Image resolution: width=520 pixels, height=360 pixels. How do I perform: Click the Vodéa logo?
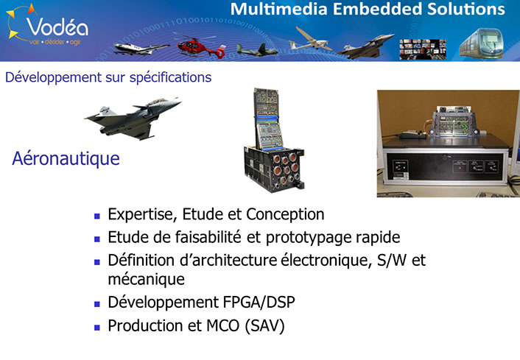pos(48,26)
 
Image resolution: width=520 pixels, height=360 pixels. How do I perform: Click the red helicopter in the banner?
pos(200,46)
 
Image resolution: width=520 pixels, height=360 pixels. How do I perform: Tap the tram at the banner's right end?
pos(482,43)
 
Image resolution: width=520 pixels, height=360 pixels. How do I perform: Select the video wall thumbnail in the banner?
pos(423,49)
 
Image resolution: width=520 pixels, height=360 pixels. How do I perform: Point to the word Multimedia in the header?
pos(278,9)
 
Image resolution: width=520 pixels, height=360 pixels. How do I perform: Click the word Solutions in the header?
pos(466,9)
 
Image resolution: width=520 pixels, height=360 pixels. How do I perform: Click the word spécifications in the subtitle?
pos(170,77)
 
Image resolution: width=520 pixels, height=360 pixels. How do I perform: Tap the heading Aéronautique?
pos(66,158)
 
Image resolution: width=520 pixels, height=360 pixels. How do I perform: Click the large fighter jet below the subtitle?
pos(133,119)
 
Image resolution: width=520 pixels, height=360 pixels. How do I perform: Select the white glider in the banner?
pos(309,40)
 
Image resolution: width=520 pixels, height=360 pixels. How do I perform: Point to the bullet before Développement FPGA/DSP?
pos(96,304)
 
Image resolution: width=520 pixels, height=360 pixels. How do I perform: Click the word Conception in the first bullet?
pos(285,214)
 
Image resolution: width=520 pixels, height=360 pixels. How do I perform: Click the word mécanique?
pos(147,279)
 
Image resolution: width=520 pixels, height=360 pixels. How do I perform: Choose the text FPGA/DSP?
pos(259,303)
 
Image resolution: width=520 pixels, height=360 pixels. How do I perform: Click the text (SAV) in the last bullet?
pos(264,326)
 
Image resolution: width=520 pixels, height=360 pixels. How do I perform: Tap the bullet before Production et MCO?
pos(96,328)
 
